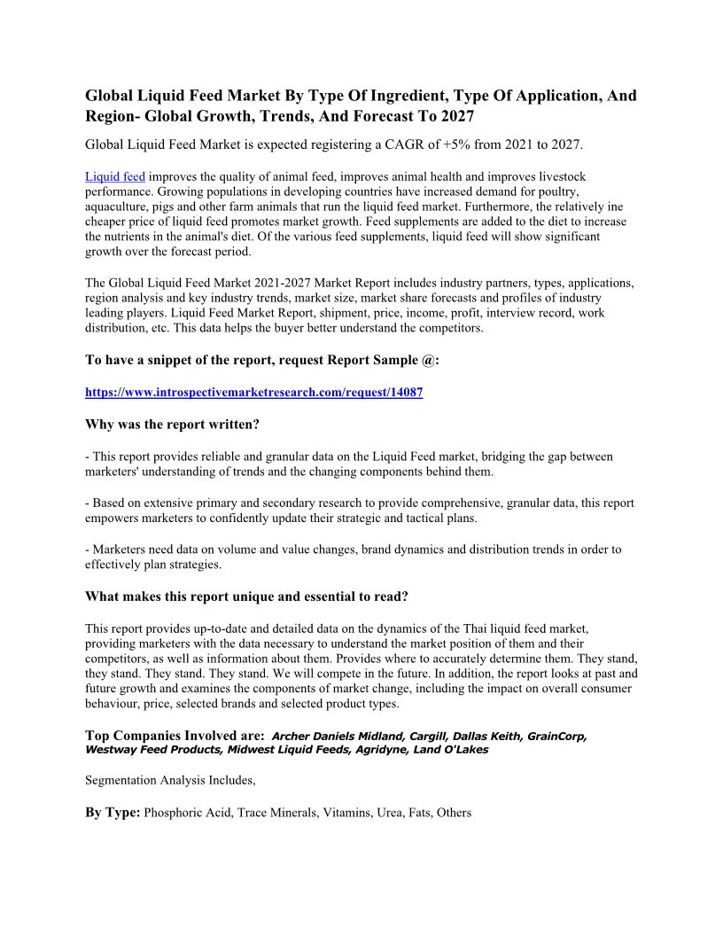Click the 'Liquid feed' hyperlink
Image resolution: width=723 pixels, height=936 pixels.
(115, 177)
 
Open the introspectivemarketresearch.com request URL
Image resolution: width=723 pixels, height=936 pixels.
(253, 392)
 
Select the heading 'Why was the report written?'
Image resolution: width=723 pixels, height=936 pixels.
(172, 424)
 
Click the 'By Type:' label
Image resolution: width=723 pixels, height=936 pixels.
(113, 812)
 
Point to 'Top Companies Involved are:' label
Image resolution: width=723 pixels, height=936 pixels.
(175, 736)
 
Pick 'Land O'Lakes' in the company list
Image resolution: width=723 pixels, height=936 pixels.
(452, 749)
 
